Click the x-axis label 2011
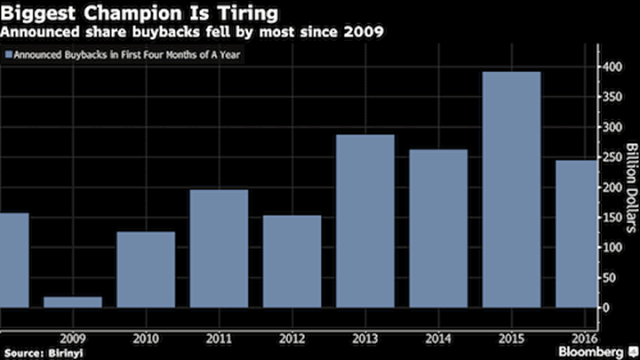tap(219, 338)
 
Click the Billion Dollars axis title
tap(629, 188)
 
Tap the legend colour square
tap(9, 54)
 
